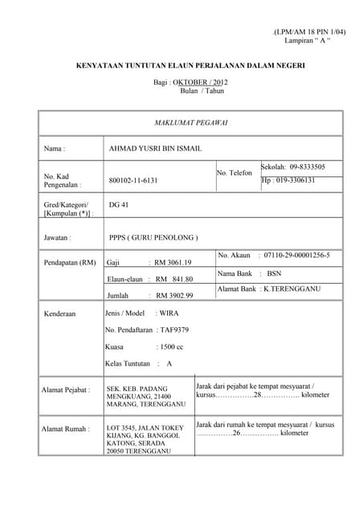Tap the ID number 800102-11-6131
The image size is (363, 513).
pyautogui.click(x=133, y=180)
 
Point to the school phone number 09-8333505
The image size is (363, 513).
pyautogui.click(x=306, y=167)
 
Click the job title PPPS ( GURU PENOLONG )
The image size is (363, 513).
pyautogui.click(x=153, y=237)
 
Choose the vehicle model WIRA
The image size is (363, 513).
pyautogui.click(x=169, y=313)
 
